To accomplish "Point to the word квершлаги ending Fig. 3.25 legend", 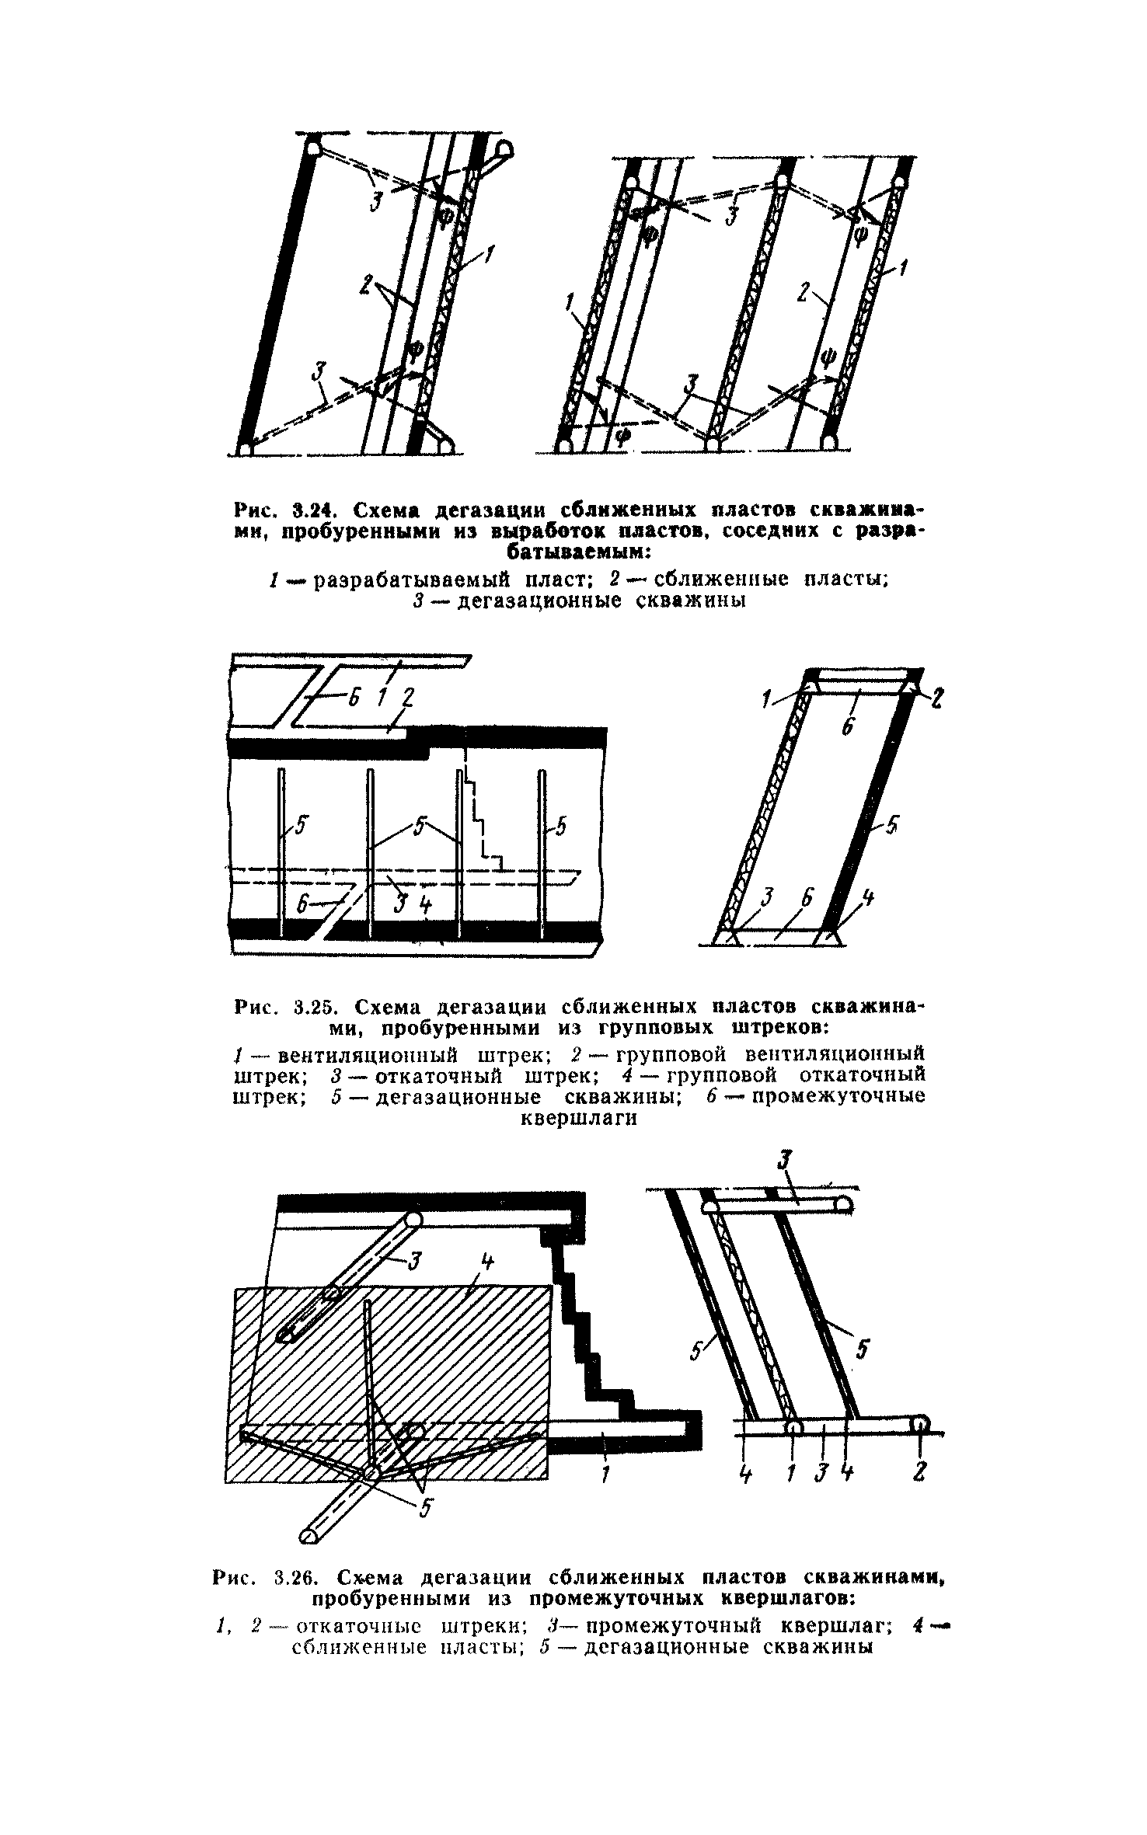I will coord(577,1118).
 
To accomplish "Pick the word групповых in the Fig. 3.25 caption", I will coord(636,1028).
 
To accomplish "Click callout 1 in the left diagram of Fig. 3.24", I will coord(489,254).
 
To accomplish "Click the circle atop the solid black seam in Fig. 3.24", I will coord(313,148).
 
